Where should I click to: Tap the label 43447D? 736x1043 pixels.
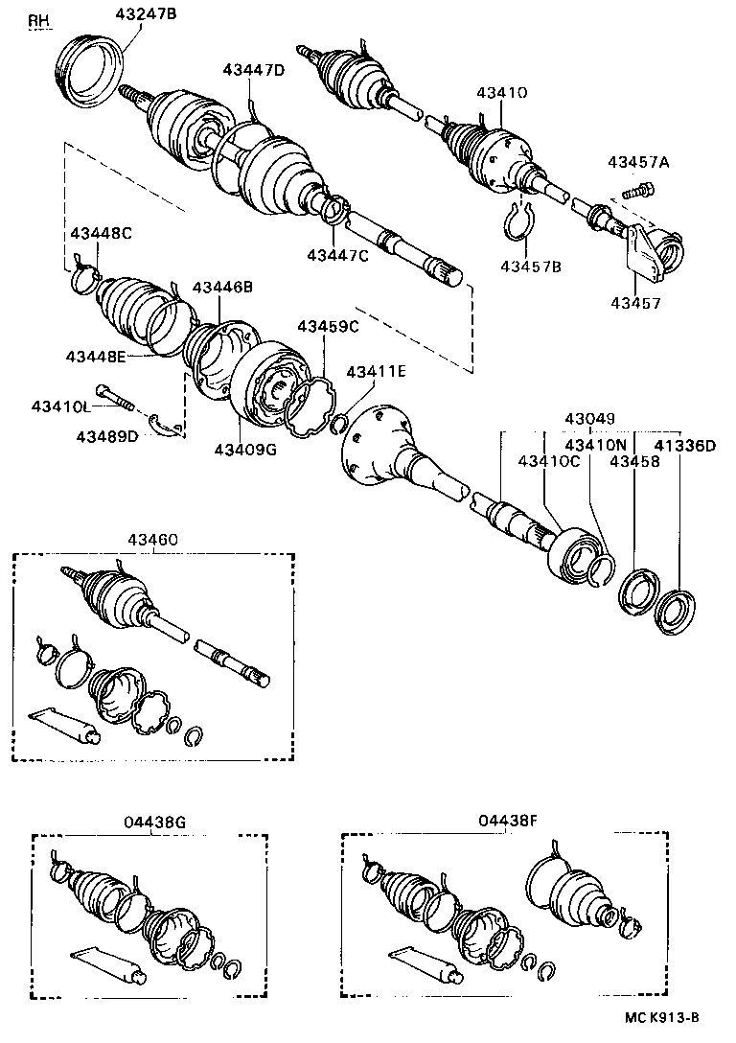[254, 70]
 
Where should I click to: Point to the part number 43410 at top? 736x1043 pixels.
[502, 92]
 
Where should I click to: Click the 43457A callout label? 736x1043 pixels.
[637, 162]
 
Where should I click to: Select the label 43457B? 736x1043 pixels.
[530, 266]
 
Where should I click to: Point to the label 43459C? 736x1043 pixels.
[327, 327]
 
